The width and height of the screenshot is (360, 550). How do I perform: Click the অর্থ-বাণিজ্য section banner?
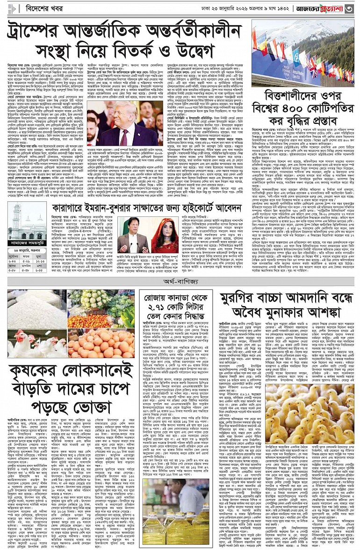180,282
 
